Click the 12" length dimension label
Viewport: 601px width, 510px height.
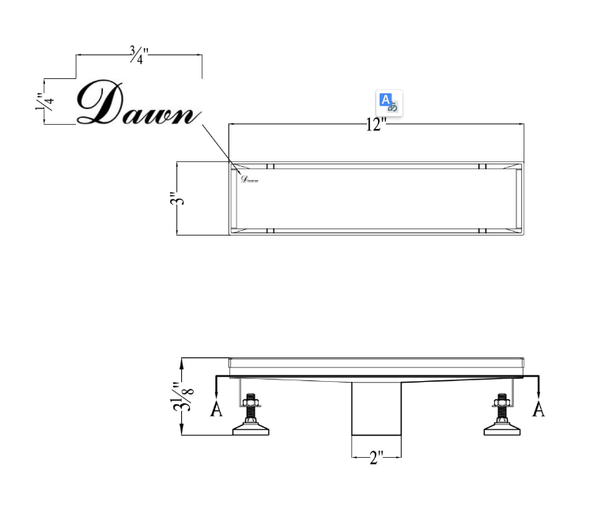(376, 125)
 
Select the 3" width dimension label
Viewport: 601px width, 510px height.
(181, 198)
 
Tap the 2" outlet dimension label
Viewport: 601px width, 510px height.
(376, 458)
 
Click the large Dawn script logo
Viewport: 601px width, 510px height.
(134, 104)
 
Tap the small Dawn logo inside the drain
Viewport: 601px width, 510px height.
(249, 179)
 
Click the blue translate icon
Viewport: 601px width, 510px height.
(388, 103)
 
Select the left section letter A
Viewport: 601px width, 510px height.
(216, 409)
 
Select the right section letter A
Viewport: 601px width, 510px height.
(539, 409)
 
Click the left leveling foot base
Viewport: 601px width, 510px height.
(251, 429)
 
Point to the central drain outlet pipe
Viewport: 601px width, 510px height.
(376, 411)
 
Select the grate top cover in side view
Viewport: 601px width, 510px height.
(376, 363)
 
